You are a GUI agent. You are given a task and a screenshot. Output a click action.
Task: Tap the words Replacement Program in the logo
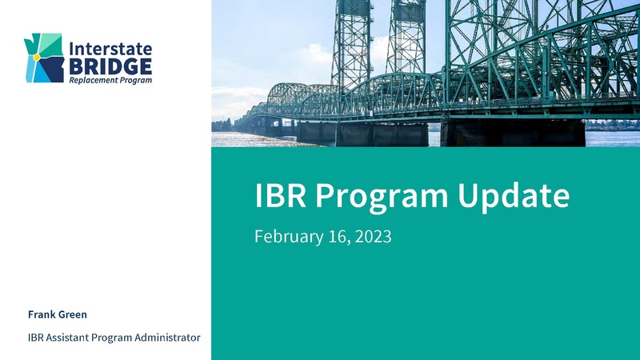pyautogui.click(x=110, y=80)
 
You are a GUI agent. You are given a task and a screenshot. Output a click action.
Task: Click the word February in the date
pyautogui.click(x=286, y=237)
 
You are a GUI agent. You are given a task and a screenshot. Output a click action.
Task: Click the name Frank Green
pyautogui.click(x=58, y=314)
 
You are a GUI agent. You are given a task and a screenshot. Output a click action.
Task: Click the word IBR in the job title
pyautogui.click(x=37, y=338)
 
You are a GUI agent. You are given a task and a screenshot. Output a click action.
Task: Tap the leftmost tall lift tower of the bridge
pyautogui.click(x=352, y=40)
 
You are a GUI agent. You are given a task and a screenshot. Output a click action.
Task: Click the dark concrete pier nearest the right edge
pyautogui.click(x=512, y=133)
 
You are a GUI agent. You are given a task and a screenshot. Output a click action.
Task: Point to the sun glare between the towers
pyautogui.click(x=380, y=48)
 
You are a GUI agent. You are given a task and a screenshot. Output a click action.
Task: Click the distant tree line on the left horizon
pyautogui.click(x=222, y=125)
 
